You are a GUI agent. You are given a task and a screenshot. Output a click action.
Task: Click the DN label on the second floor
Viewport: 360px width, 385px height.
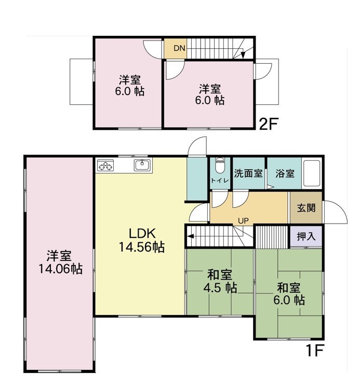[x=179, y=48]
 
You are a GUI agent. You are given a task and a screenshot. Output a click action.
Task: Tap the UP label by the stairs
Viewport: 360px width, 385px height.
[x=243, y=221]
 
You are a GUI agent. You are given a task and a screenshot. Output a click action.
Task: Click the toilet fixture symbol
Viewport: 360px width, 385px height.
[x=219, y=165]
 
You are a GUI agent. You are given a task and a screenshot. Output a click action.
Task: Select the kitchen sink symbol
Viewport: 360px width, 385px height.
[x=142, y=165]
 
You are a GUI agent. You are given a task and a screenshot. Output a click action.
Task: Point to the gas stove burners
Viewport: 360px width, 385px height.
[x=105, y=165]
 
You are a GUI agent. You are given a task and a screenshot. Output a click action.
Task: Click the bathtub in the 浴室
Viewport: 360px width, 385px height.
[x=312, y=173]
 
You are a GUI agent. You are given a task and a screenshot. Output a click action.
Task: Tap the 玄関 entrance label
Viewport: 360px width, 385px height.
[x=306, y=208]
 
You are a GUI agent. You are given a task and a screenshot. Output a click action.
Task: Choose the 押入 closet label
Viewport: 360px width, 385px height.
[x=306, y=236]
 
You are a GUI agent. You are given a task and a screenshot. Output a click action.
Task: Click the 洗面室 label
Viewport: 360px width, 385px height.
[x=248, y=173]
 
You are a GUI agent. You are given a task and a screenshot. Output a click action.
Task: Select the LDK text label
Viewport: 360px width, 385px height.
[x=142, y=233]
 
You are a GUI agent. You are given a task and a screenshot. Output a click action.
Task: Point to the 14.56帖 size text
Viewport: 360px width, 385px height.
[x=142, y=247]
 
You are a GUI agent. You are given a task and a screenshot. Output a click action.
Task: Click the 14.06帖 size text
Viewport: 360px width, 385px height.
[x=60, y=269]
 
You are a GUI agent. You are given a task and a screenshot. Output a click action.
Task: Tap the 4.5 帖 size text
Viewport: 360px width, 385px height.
[x=220, y=288]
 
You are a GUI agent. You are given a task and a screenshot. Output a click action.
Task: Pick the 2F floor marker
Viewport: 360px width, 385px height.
[x=268, y=123]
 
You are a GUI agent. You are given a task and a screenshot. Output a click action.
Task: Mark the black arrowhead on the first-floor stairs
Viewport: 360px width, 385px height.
[x=190, y=237]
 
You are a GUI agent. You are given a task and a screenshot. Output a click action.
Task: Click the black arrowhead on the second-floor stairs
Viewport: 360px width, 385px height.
[x=243, y=55]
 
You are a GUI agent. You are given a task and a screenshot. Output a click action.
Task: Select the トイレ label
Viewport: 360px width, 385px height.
[x=220, y=181]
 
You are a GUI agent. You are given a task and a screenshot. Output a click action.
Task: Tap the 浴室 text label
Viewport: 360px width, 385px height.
[x=285, y=173]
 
